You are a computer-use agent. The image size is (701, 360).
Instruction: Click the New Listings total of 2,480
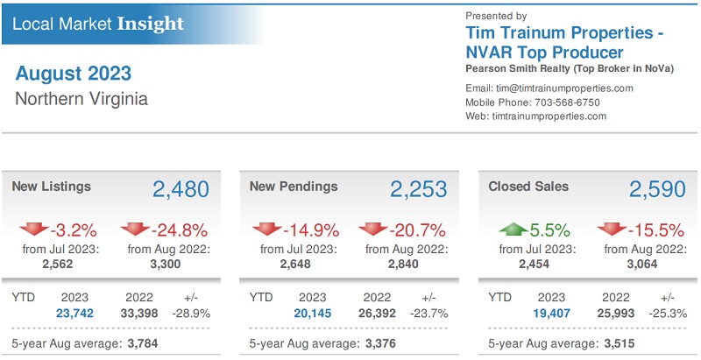(x=181, y=189)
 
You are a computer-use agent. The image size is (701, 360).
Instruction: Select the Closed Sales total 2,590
(x=657, y=189)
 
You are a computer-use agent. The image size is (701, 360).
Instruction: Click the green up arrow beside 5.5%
(x=513, y=229)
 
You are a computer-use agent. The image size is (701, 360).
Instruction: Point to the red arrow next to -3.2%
(x=34, y=229)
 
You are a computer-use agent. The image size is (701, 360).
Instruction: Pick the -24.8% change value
(x=179, y=231)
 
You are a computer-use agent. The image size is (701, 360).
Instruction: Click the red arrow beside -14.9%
(x=267, y=229)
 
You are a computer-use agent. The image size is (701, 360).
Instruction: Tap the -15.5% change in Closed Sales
(x=655, y=231)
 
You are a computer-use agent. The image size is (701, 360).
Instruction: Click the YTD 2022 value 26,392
(x=378, y=313)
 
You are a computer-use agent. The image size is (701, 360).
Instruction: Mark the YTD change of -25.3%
(x=669, y=313)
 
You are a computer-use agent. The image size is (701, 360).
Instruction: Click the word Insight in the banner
(x=150, y=23)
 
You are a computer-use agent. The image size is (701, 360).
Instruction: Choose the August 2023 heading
(x=74, y=73)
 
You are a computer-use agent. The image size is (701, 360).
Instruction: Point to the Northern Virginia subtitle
(x=81, y=98)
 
